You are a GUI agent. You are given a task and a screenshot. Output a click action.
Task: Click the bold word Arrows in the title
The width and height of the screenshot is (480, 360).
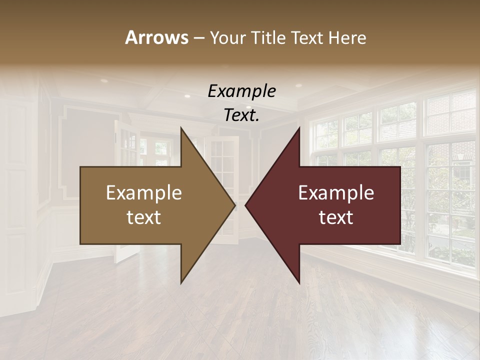[x=156, y=37]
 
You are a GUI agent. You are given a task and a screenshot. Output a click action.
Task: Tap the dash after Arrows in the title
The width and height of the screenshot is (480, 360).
[x=198, y=38]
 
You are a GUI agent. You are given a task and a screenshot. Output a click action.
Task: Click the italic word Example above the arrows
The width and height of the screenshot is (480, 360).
[x=241, y=91]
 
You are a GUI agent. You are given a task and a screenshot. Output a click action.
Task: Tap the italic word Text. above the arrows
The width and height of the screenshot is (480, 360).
[x=241, y=115]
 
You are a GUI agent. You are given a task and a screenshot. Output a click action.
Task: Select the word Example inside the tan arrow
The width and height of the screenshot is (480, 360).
[x=144, y=193]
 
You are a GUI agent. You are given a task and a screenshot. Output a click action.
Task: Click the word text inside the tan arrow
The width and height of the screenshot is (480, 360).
[x=144, y=217]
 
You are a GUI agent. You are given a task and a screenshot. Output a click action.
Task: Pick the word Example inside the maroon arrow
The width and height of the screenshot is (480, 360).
[x=336, y=193]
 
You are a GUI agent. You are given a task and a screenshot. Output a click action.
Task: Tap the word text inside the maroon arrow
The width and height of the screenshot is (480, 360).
[x=336, y=217]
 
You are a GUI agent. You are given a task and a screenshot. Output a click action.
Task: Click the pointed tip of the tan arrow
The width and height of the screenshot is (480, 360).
[x=234, y=205]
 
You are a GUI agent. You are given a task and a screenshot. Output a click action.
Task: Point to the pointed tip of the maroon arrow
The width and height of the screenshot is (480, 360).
[x=246, y=205]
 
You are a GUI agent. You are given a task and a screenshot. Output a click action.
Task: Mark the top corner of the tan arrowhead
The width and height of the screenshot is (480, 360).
[x=181, y=128]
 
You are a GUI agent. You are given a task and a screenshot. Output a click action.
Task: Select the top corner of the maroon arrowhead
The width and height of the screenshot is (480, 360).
[x=299, y=128]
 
